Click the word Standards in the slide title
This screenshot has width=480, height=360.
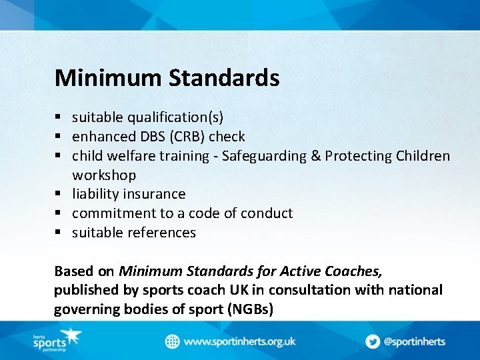click(224, 78)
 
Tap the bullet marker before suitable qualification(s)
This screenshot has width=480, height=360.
click(59, 118)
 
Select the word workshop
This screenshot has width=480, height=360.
click(104, 175)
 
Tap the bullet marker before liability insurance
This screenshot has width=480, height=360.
click(59, 195)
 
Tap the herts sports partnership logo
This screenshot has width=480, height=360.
click(56, 341)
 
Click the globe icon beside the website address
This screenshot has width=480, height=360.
click(173, 341)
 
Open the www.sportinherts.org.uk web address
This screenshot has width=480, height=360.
click(239, 341)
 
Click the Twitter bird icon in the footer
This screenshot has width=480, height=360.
click(372, 341)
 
